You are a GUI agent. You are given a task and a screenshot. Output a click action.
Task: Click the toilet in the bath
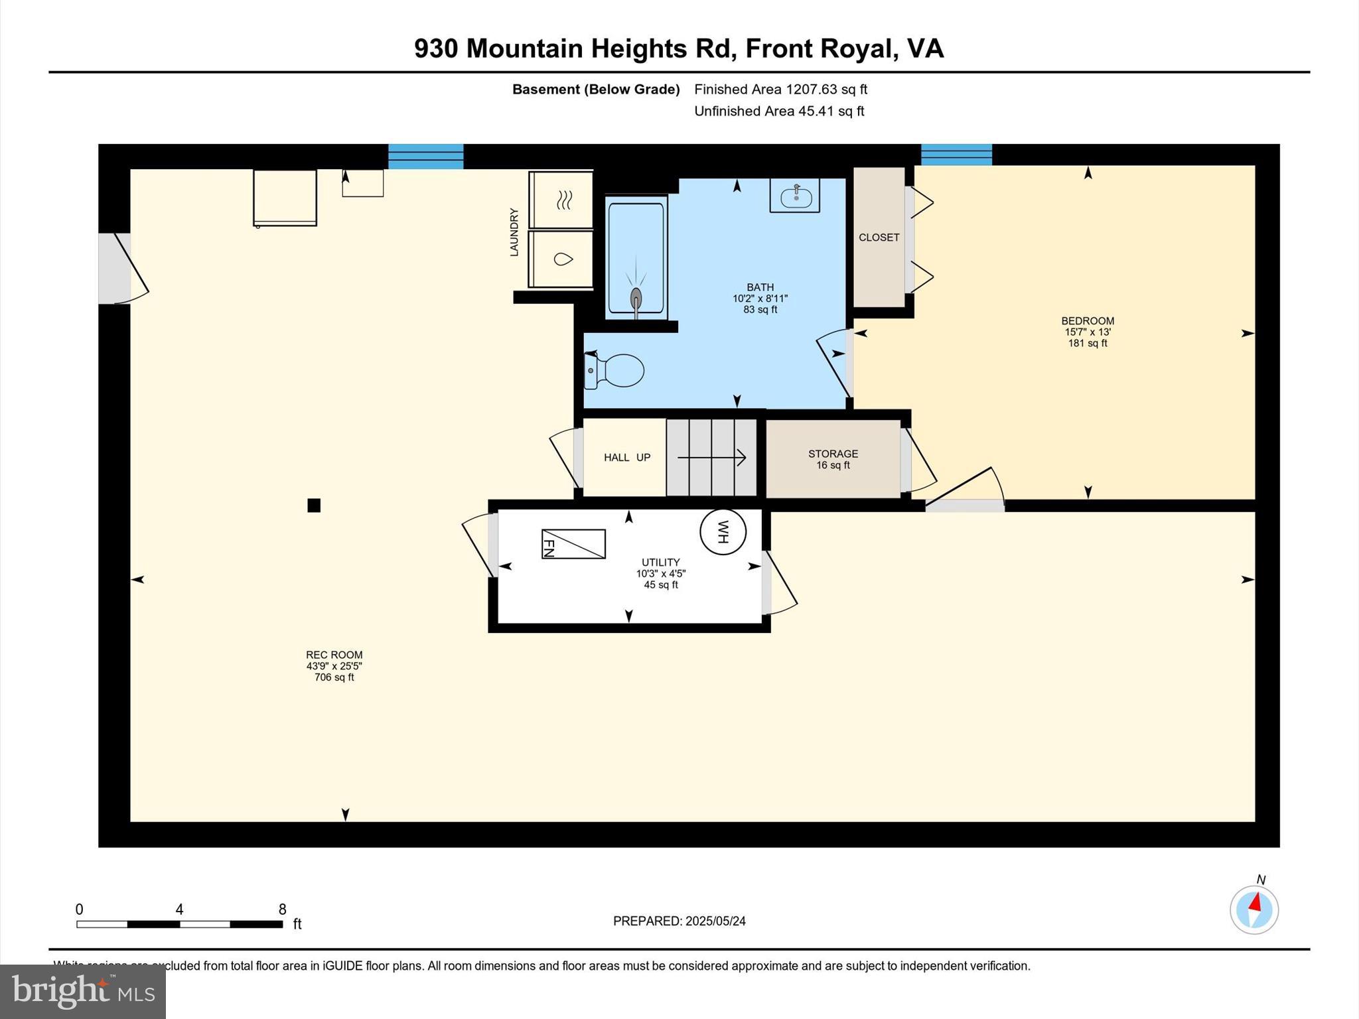(616, 370)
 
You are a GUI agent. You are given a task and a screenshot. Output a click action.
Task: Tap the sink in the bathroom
(794, 196)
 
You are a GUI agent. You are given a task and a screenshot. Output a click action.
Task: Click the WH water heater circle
(723, 531)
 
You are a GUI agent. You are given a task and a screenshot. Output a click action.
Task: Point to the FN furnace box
(573, 544)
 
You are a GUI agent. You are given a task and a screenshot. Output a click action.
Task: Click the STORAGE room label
(833, 454)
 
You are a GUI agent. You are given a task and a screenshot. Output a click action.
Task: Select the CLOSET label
(879, 238)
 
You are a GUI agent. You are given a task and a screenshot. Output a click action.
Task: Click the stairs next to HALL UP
(711, 457)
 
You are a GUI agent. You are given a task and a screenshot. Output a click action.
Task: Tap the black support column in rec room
(314, 506)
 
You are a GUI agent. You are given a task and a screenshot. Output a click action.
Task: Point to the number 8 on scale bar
(283, 909)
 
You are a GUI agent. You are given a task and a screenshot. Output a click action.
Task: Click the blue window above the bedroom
(956, 155)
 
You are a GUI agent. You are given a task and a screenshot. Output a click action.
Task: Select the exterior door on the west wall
(115, 269)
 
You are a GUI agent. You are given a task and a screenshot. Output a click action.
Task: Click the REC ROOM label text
(334, 655)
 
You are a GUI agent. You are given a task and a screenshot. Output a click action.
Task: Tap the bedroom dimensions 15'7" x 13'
(1087, 332)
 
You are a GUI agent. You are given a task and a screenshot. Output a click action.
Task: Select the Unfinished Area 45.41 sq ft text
(778, 111)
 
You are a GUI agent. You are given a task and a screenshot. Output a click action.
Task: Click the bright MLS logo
(83, 991)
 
